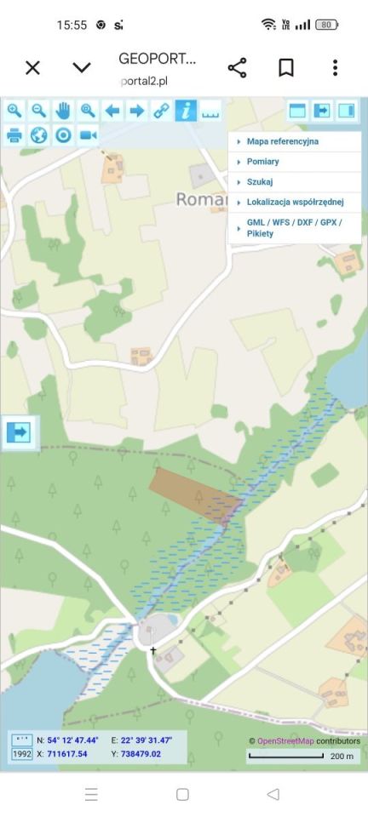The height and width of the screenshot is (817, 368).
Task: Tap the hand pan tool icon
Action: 63,111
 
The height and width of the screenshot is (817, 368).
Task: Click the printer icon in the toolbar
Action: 14,134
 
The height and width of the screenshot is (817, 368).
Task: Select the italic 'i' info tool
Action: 186,111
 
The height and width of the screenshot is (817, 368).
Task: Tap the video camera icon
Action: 88,134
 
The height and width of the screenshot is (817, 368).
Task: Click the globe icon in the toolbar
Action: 38,134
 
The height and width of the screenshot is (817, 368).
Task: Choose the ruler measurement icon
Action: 210,111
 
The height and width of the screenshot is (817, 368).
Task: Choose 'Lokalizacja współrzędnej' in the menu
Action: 295,203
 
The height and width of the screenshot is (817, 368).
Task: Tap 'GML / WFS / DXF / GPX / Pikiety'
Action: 293,227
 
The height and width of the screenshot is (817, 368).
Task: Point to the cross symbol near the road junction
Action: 153,651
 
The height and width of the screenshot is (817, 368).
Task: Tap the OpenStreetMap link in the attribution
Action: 285,741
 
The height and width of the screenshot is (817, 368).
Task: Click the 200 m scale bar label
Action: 342,756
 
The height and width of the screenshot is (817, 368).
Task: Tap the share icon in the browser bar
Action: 237,68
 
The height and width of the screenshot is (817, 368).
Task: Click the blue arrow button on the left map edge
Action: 18,432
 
